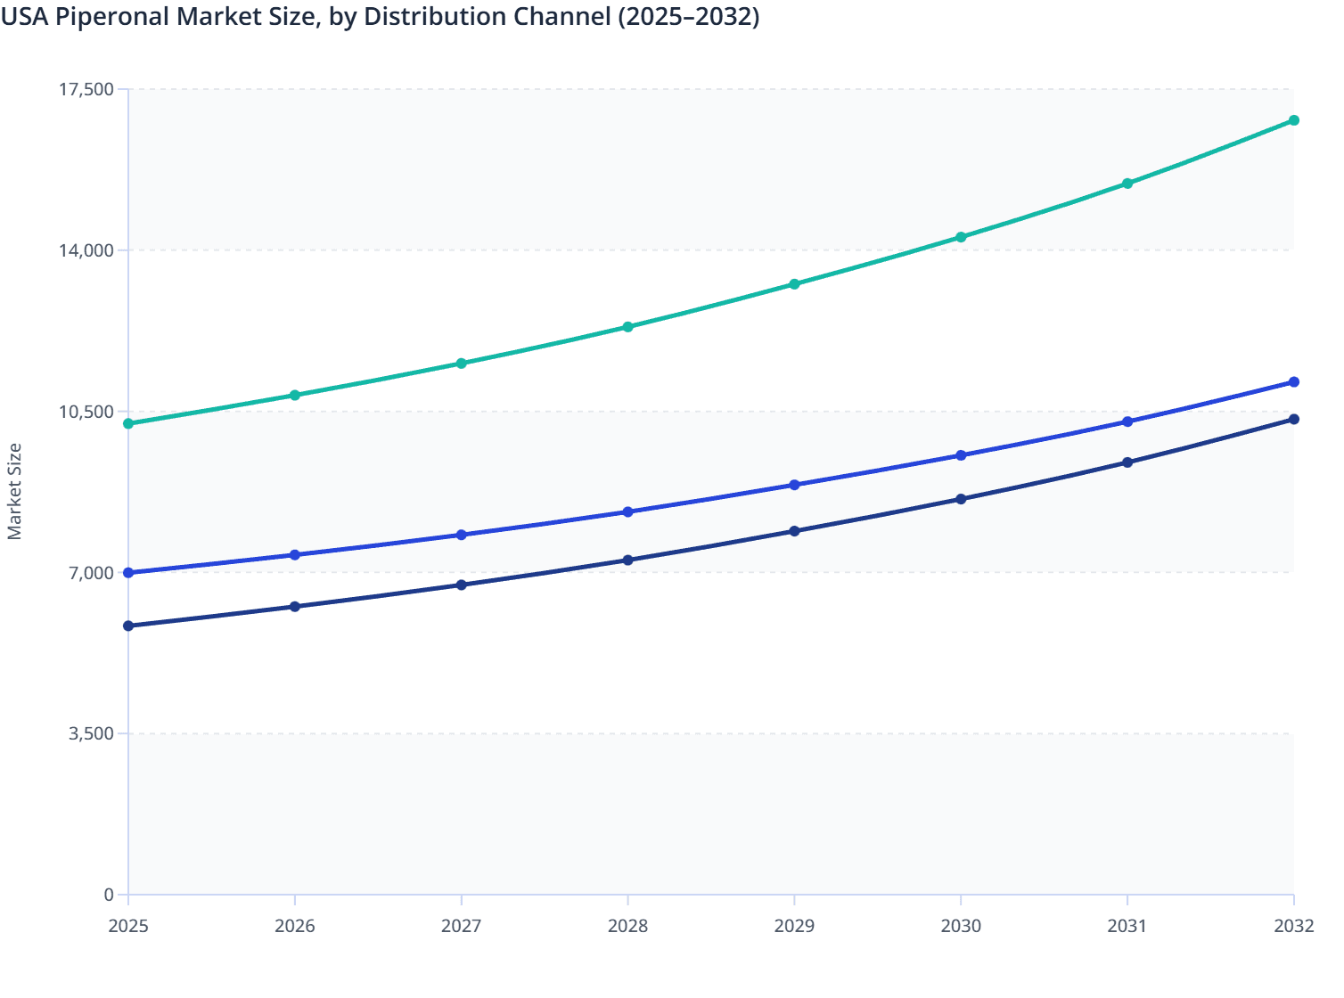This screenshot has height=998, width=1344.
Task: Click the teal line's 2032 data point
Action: click(1293, 120)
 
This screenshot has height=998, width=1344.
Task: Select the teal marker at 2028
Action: click(627, 327)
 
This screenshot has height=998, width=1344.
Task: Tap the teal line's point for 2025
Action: click(128, 423)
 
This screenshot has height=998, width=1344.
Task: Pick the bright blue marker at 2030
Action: click(961, 455)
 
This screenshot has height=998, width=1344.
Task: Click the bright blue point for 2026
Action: click(295, 555)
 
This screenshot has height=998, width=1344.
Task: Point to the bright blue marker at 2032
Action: click(1293, 382)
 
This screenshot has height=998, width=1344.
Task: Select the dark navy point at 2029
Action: click(794, 531)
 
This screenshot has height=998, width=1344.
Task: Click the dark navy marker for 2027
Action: click(461, 585)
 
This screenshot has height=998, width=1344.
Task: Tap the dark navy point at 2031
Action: click(1127, 462)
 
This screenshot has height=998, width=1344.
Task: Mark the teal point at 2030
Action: click(961, 237)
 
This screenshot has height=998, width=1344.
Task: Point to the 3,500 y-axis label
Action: click(92, 733)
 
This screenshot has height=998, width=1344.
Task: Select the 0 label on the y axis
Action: click(109, 895)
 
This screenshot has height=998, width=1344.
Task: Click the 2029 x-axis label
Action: click(794, 927)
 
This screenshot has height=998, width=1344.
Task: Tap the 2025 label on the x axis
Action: click(128, 927)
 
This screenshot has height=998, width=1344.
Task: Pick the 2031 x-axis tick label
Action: click(1127, 927)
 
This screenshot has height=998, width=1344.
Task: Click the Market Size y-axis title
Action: click(15, 492)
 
